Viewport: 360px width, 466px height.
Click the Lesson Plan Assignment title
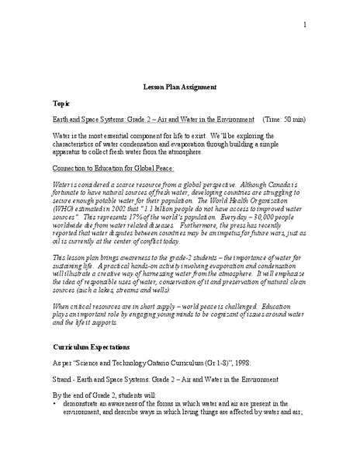point(180,88)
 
